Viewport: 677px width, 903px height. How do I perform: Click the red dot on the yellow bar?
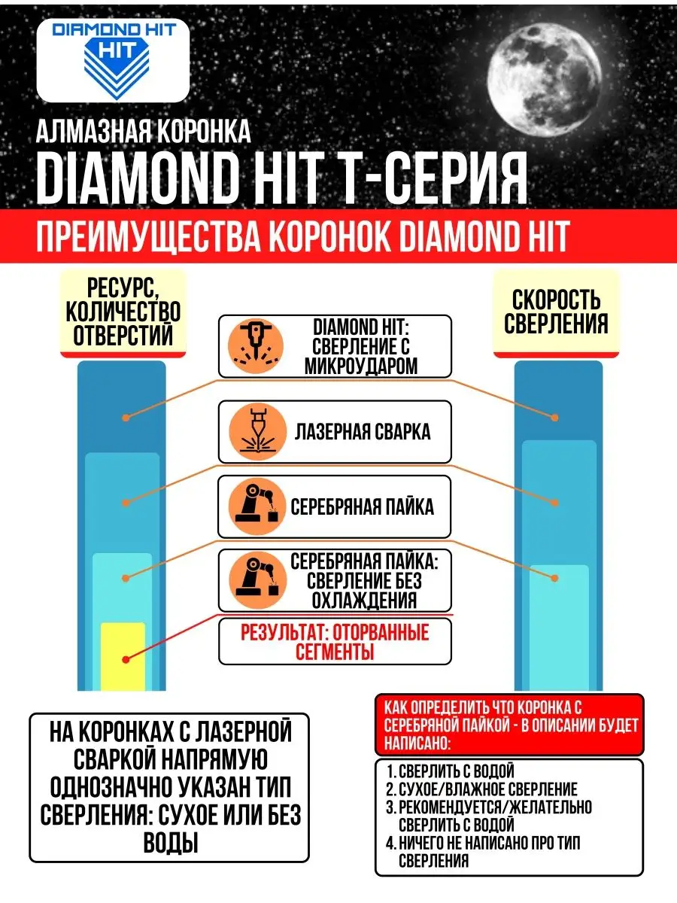tap(126, 659)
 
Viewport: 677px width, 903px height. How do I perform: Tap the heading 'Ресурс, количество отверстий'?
tap(123, 312)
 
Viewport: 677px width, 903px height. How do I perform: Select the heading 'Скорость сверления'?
tap(555, 312)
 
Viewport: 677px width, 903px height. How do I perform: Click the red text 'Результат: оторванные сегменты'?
tap(335, 642)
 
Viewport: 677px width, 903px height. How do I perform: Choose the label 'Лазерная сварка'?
tap(363, 431)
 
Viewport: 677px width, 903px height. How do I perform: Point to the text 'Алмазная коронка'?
tap(143, 132)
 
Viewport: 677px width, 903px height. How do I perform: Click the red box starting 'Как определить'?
tap(509, 725)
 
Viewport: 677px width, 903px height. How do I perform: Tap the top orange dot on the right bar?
tap(555, 417)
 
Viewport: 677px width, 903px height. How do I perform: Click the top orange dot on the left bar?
tap(126, 416)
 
